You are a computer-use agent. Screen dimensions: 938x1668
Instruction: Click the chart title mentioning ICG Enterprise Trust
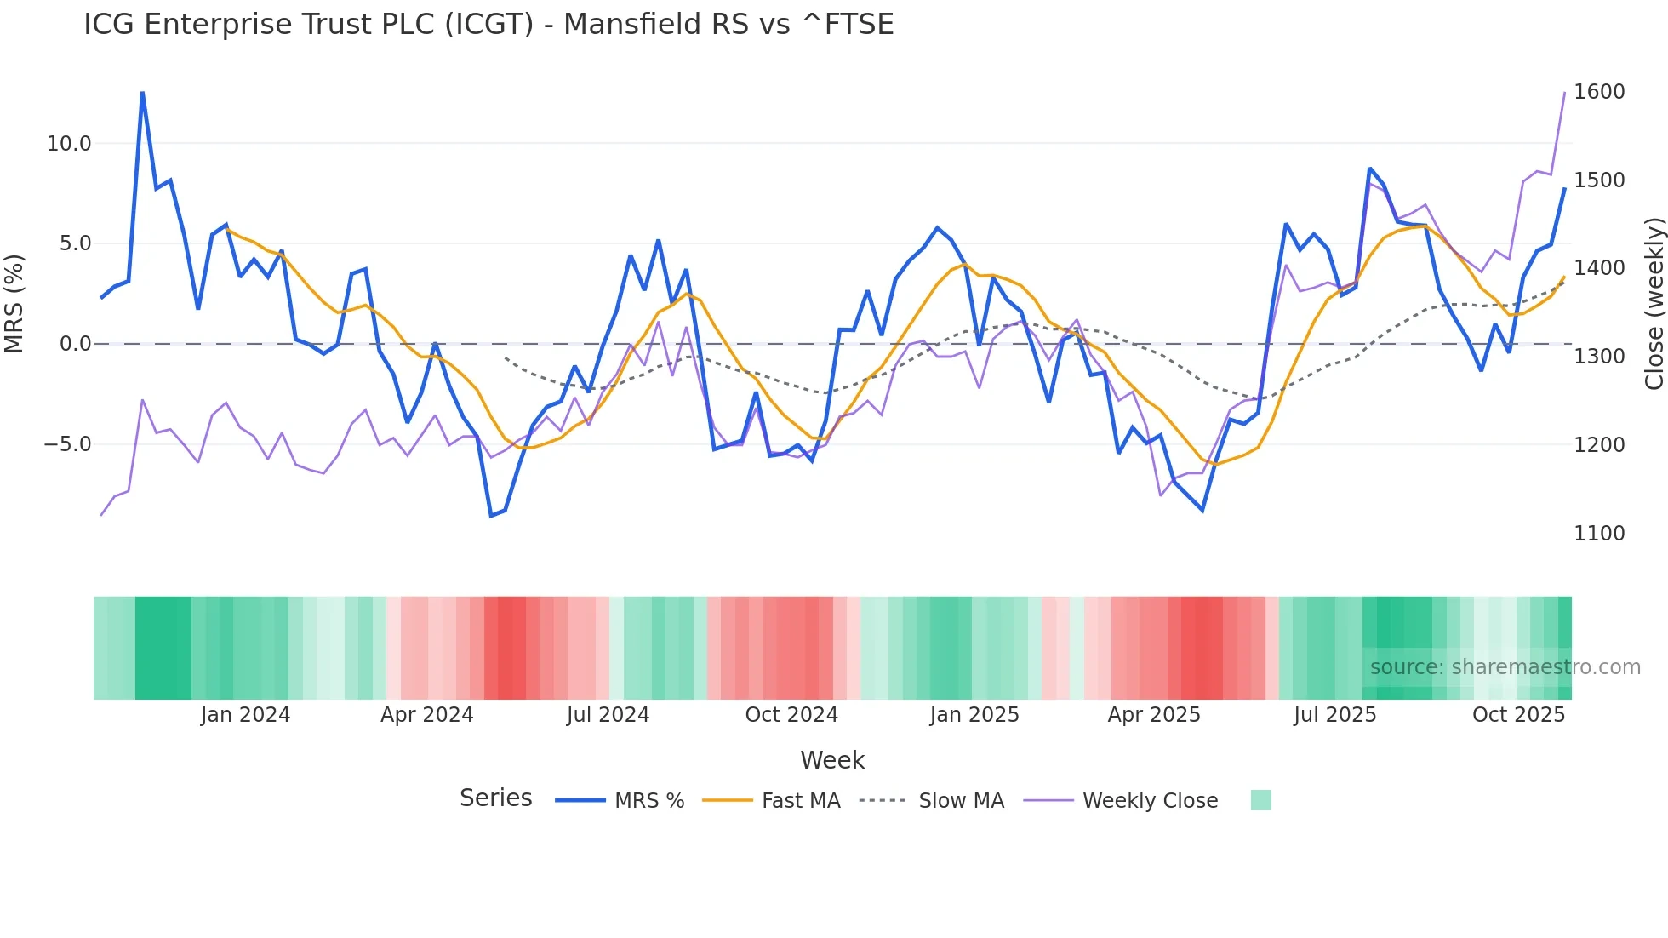(488, 25)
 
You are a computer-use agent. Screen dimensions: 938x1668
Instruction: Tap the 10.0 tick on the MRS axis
(69, 144)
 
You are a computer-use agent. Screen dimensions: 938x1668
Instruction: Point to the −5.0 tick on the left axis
(67, 444)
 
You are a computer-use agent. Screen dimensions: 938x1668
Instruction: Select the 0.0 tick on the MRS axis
(75, 344)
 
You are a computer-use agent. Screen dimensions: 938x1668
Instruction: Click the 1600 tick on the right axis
(1599, 92)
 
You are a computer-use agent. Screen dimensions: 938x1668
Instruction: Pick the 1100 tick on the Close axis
(1599, 534)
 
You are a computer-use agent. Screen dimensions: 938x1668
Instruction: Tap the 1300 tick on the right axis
(1599, 357)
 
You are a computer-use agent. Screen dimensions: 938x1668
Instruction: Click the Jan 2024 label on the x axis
(245, 715)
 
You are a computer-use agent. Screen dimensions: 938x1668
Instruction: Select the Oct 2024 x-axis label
(791, 715)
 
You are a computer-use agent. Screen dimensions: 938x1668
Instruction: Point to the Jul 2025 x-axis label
(1334, 715)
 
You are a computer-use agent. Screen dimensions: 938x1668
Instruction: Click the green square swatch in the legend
(1260, 800)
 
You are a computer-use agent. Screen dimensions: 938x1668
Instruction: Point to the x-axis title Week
(832, 760)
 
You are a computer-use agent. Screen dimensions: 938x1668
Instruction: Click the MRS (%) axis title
(14, 304)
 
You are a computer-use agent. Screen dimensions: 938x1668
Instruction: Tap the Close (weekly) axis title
(1654, 304)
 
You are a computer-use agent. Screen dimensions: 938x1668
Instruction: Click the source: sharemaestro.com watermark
(1505, 667)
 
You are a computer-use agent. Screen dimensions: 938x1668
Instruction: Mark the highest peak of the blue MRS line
(142, 92)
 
